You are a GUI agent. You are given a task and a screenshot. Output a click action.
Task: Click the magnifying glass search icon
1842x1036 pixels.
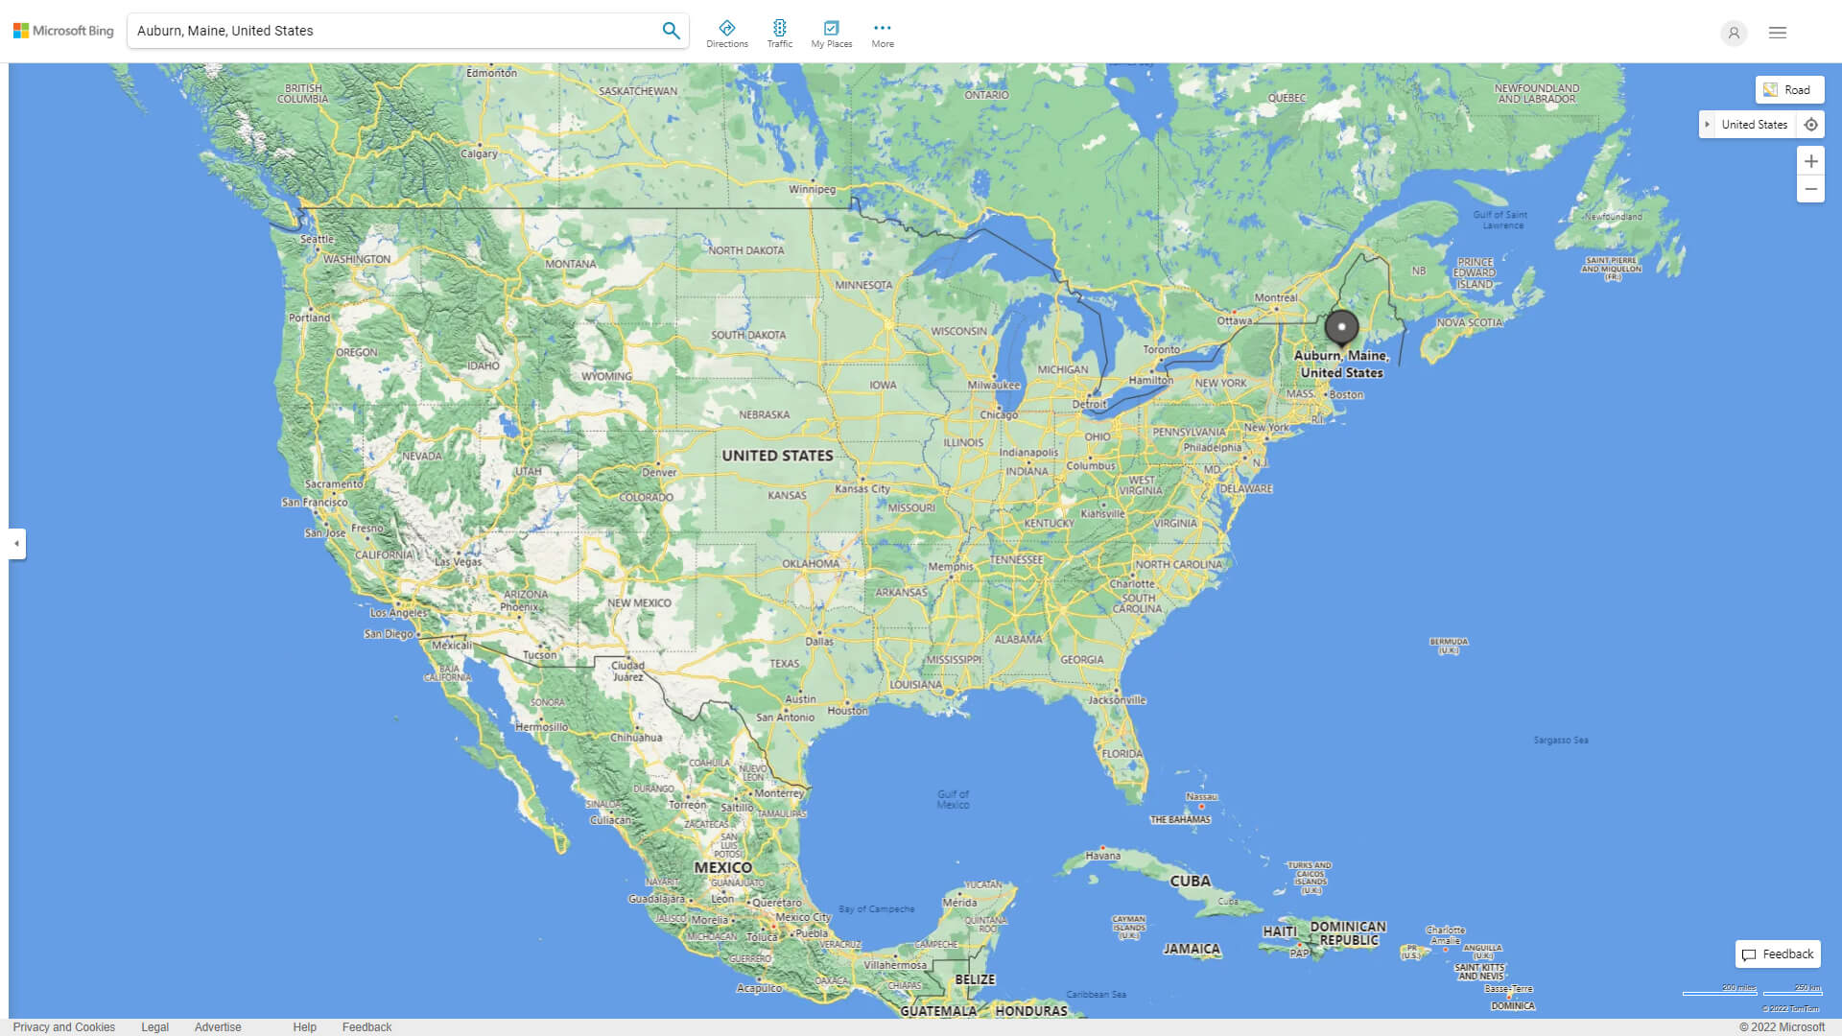click(671, 31)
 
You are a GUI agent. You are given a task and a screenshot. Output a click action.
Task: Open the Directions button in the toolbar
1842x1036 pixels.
click(727, 34)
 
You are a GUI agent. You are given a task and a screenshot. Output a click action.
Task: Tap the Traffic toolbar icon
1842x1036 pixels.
click(780, 34)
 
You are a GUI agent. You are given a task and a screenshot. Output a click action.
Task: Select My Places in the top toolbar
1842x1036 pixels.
click(831, 34)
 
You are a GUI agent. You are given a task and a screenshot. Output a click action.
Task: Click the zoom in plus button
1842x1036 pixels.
click(1810, 161)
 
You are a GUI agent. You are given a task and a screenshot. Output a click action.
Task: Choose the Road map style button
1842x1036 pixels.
click(1789, 90)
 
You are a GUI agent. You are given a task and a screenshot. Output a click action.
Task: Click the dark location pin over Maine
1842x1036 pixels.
click(1341, 328)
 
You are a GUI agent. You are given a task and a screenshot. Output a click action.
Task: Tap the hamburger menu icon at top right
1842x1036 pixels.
click(1778, 33)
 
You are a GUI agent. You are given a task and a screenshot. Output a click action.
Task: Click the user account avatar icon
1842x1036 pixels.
click(1734, 33)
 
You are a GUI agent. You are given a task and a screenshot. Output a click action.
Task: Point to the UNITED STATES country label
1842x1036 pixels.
click(777, 456)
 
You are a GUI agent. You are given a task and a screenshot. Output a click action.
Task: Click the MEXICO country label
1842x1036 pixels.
click(722, 867)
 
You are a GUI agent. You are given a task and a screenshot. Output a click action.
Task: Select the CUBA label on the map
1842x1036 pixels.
click(1190, 881)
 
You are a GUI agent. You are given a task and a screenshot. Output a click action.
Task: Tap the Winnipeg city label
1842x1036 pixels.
click(812, 189)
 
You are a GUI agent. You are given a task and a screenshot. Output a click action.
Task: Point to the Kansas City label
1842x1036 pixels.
click(862, 489)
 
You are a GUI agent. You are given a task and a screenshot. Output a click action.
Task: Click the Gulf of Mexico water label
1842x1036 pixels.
click(953, 799)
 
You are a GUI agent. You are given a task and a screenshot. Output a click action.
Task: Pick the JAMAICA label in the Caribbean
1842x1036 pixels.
click(1192, 949)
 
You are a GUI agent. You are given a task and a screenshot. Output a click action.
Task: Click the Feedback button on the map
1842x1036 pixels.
click(1778, 954)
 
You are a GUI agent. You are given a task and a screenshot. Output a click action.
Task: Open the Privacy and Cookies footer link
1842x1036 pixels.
click(64, 1027)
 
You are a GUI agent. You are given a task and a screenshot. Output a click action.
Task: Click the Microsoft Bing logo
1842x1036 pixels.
click(63, 31)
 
